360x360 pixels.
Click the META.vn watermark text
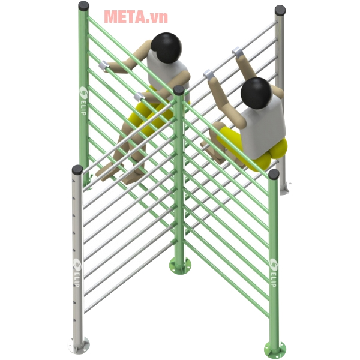pyautogui.click(x=136, y=17)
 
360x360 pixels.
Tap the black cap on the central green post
pyautogui.click(x=179, y=90)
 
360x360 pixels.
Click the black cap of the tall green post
pyautogui.click(x=84, y=6)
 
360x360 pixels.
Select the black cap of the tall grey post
pyautogui.click(x=280, y=10)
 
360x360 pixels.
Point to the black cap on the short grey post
pyautogui.click(x=77, y=170)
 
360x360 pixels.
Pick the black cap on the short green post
pyautogui.click(x=274, y=174)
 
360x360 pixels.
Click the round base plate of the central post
pyautogui.click(x=180, y=266)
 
